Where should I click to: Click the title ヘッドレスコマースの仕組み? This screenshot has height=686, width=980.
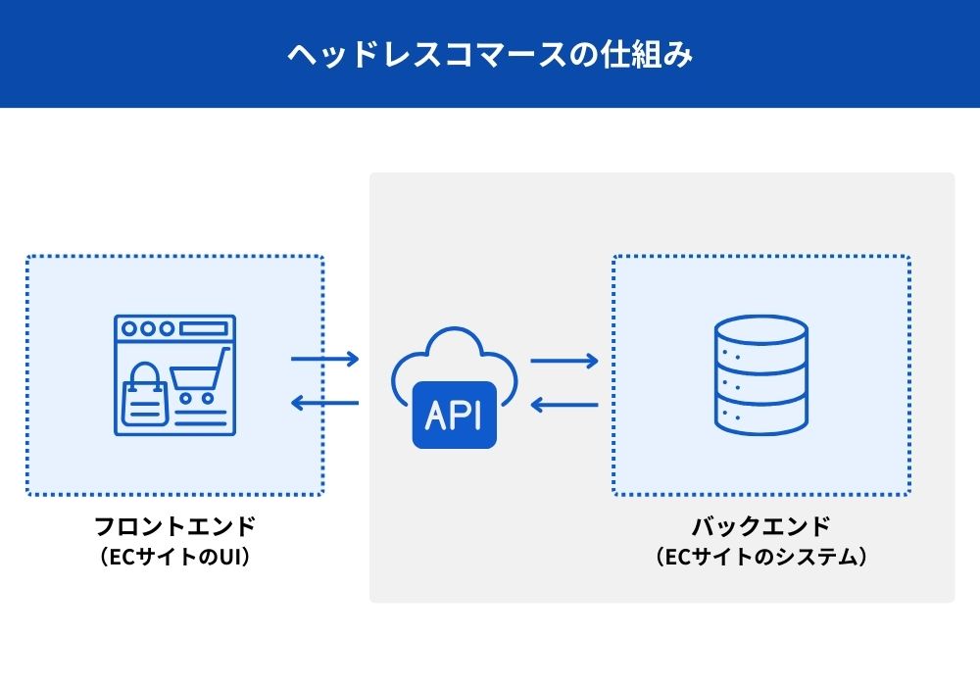pos(490,54)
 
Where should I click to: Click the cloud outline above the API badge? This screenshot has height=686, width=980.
pos(454,358)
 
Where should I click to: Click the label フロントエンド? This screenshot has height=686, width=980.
pos(174,526)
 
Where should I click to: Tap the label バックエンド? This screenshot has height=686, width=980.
pos(761,526)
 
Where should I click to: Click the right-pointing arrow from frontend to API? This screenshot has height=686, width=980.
pos(325,360)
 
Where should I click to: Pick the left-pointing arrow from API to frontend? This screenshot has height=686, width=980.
pos(325,402)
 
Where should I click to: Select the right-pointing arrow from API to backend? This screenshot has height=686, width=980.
pos(564,361)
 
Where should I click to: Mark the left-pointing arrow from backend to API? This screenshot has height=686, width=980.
pos(564,403)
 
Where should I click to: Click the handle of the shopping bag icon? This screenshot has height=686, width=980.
pos(144,373)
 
